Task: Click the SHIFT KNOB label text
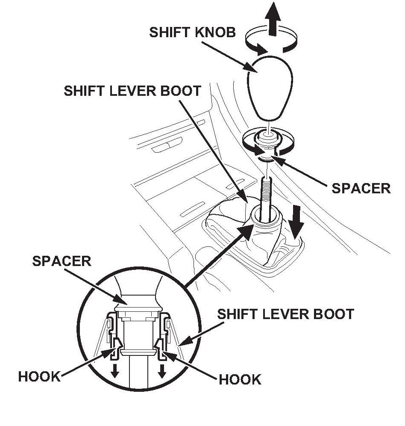pyautogui.click(x=192, y=33)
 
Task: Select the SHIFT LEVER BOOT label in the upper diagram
pyautogui.click(x=132, y=91)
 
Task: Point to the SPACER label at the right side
pyautogui.click(x=361, y=188)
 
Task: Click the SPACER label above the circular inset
pyautogui.click(x=62, y=261)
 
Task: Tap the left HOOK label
pyautogui.click(x=39, y=376)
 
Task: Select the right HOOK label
pyautogui.click(x=240, y=380)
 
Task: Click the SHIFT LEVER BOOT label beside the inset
pyautogui.click(x=286, y=314)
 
